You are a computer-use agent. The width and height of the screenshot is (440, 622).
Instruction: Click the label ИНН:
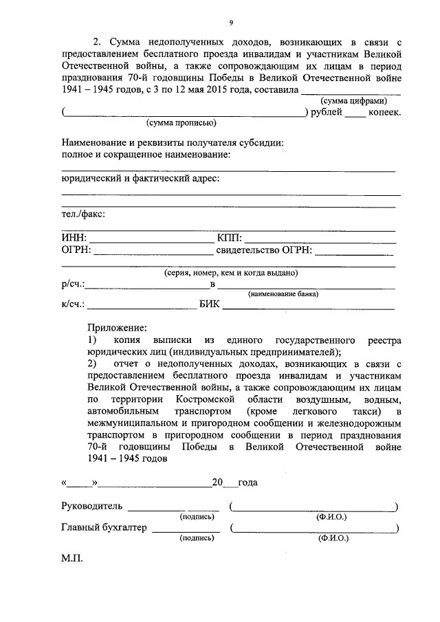click(74, 238)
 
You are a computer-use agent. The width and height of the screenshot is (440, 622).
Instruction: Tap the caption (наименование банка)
click(283, 293)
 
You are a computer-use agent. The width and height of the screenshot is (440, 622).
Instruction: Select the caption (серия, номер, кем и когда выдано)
click(230, 273)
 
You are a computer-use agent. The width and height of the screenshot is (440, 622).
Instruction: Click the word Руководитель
click(92, 507)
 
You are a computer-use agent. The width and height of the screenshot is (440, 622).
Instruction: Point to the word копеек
click(384, 112)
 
